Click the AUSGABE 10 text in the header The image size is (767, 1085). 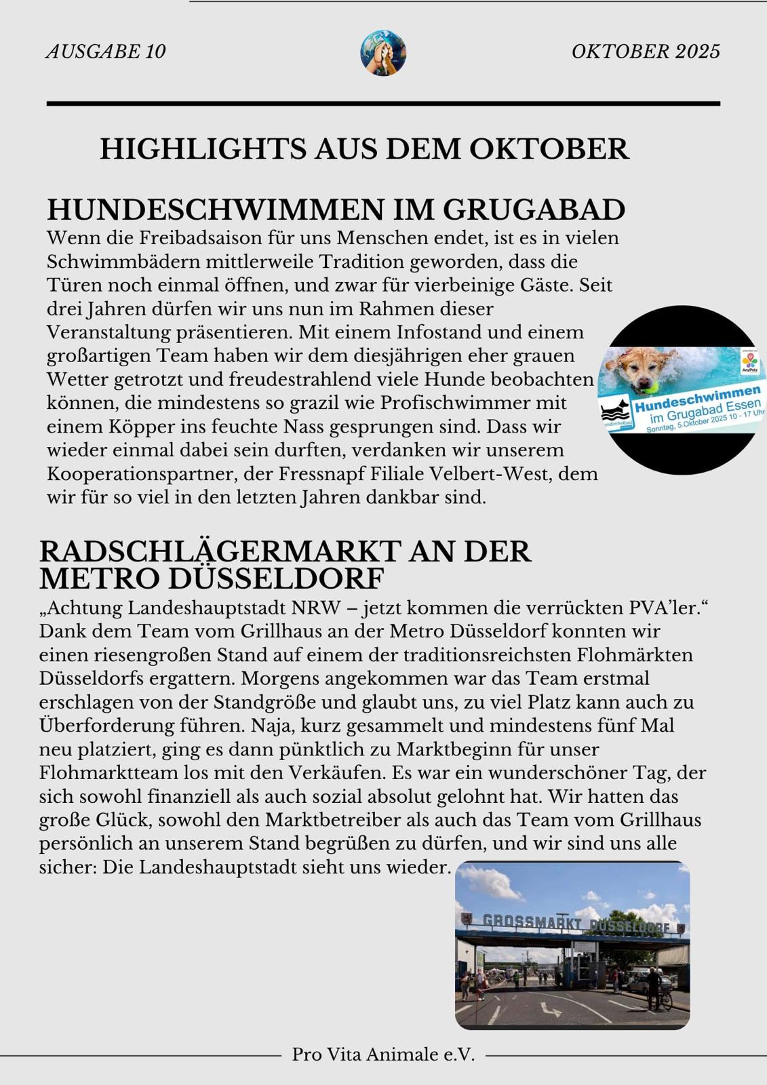pyautogui.click(x=106, y=52)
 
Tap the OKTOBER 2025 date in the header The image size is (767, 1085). pyautogui.click(x=646, y=52)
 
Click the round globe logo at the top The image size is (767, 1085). pyautogui.click(x=383, y=52)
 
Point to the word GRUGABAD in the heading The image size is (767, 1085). pyautogui.click(x=534, y=210)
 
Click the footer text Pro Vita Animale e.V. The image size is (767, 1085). pyautogui.click(x=383, y=1054)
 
